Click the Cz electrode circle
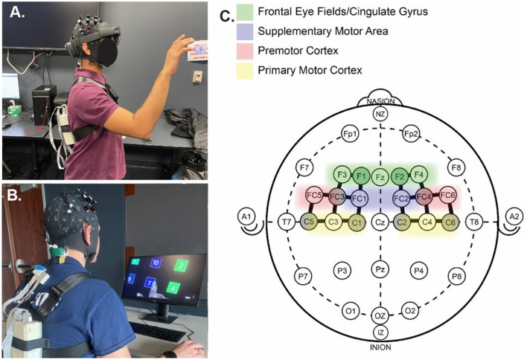coord(380,222)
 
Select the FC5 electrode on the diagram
coord(314,196)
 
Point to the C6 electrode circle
coord(450,222)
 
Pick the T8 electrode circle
coord(473,222)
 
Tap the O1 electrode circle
coord(350,309)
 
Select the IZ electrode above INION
coord(380,332)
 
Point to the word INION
coord(380,347)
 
